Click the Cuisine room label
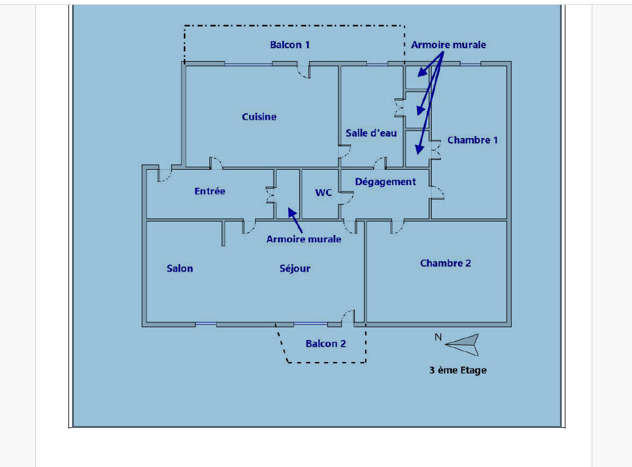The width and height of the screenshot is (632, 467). tap(259, 117)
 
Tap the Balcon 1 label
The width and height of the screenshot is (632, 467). tap(290, 45)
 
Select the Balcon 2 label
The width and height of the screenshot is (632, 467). tap(325, 344)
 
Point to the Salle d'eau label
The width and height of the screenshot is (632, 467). tap(371, 133)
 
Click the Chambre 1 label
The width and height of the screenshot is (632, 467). tap(473, 140)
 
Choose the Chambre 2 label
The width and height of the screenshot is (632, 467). tap(445, 263)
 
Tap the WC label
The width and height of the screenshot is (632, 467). tap(324, 193)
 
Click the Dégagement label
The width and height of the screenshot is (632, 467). tap(385, 182)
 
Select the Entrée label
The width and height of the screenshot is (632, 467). tap(209, 191)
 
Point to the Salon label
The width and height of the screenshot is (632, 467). tap(180, 268)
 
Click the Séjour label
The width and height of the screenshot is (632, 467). tap(295, 268)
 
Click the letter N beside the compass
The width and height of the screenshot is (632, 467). tap(438, 337)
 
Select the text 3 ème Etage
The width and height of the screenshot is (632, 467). tap(458, 370)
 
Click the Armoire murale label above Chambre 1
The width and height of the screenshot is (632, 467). tap(448, 45)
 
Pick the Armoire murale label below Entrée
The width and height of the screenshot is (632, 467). tap(303, 239)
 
